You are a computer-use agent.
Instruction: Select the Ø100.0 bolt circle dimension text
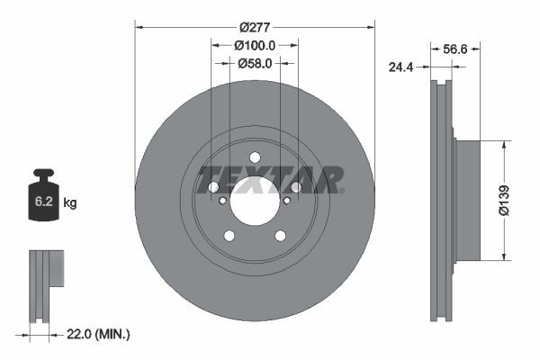(255, 44)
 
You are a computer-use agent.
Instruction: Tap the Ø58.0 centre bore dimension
(256, 63)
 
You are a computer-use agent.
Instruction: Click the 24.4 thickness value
(401, 65)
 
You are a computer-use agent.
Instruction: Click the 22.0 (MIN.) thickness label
(100, 334)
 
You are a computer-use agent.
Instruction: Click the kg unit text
(71, 203)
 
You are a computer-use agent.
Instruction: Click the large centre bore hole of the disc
(255, 200)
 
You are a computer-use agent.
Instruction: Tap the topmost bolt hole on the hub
(255, 157)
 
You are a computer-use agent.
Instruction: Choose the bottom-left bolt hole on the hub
(229, 236)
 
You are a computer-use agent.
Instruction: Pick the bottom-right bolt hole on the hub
(280, 236)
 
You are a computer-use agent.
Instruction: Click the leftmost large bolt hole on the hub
(213, 187)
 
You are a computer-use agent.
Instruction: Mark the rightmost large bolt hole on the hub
(295, 187)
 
